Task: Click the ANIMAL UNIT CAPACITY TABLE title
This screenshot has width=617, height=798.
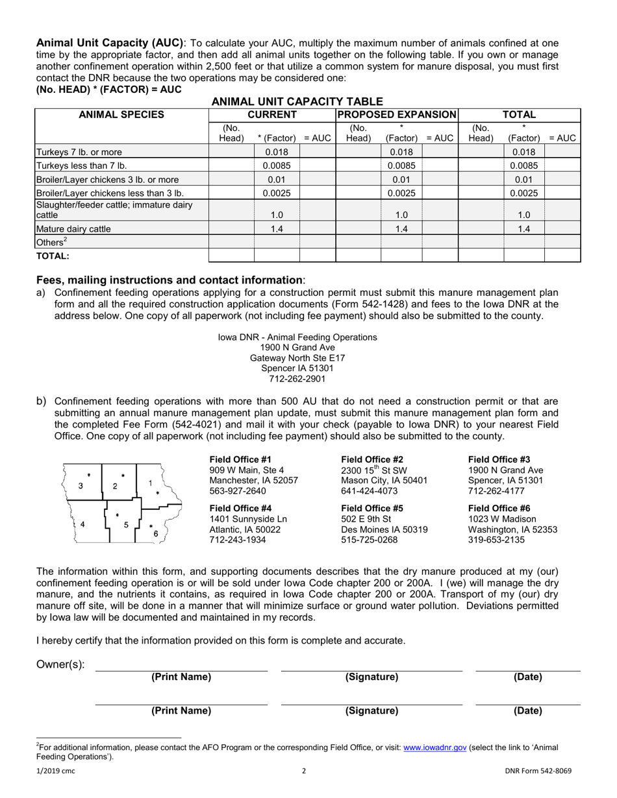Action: pos(297,101)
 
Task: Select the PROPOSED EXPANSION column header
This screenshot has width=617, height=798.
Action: pos(396,115)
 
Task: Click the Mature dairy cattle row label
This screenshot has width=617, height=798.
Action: pos(73,228)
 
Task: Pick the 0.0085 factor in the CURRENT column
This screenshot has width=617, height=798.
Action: pos(276,165)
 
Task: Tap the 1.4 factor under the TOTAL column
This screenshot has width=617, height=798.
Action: pos(523,228)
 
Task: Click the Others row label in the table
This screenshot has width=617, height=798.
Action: pos(51,241)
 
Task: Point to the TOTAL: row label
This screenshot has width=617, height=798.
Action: pos(53,256)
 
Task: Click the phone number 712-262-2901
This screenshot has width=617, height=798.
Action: pos(297,379)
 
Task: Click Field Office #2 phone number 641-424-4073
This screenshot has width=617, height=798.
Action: pos(369,490)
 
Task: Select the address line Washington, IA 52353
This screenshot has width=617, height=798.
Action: pos(512,529)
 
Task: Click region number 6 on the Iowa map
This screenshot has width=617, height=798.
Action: pos(156,534)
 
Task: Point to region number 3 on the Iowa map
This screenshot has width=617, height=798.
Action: pos(81,486)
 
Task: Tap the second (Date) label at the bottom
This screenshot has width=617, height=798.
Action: pos(527,710)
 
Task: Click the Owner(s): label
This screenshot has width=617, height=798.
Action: pos(60,665)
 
